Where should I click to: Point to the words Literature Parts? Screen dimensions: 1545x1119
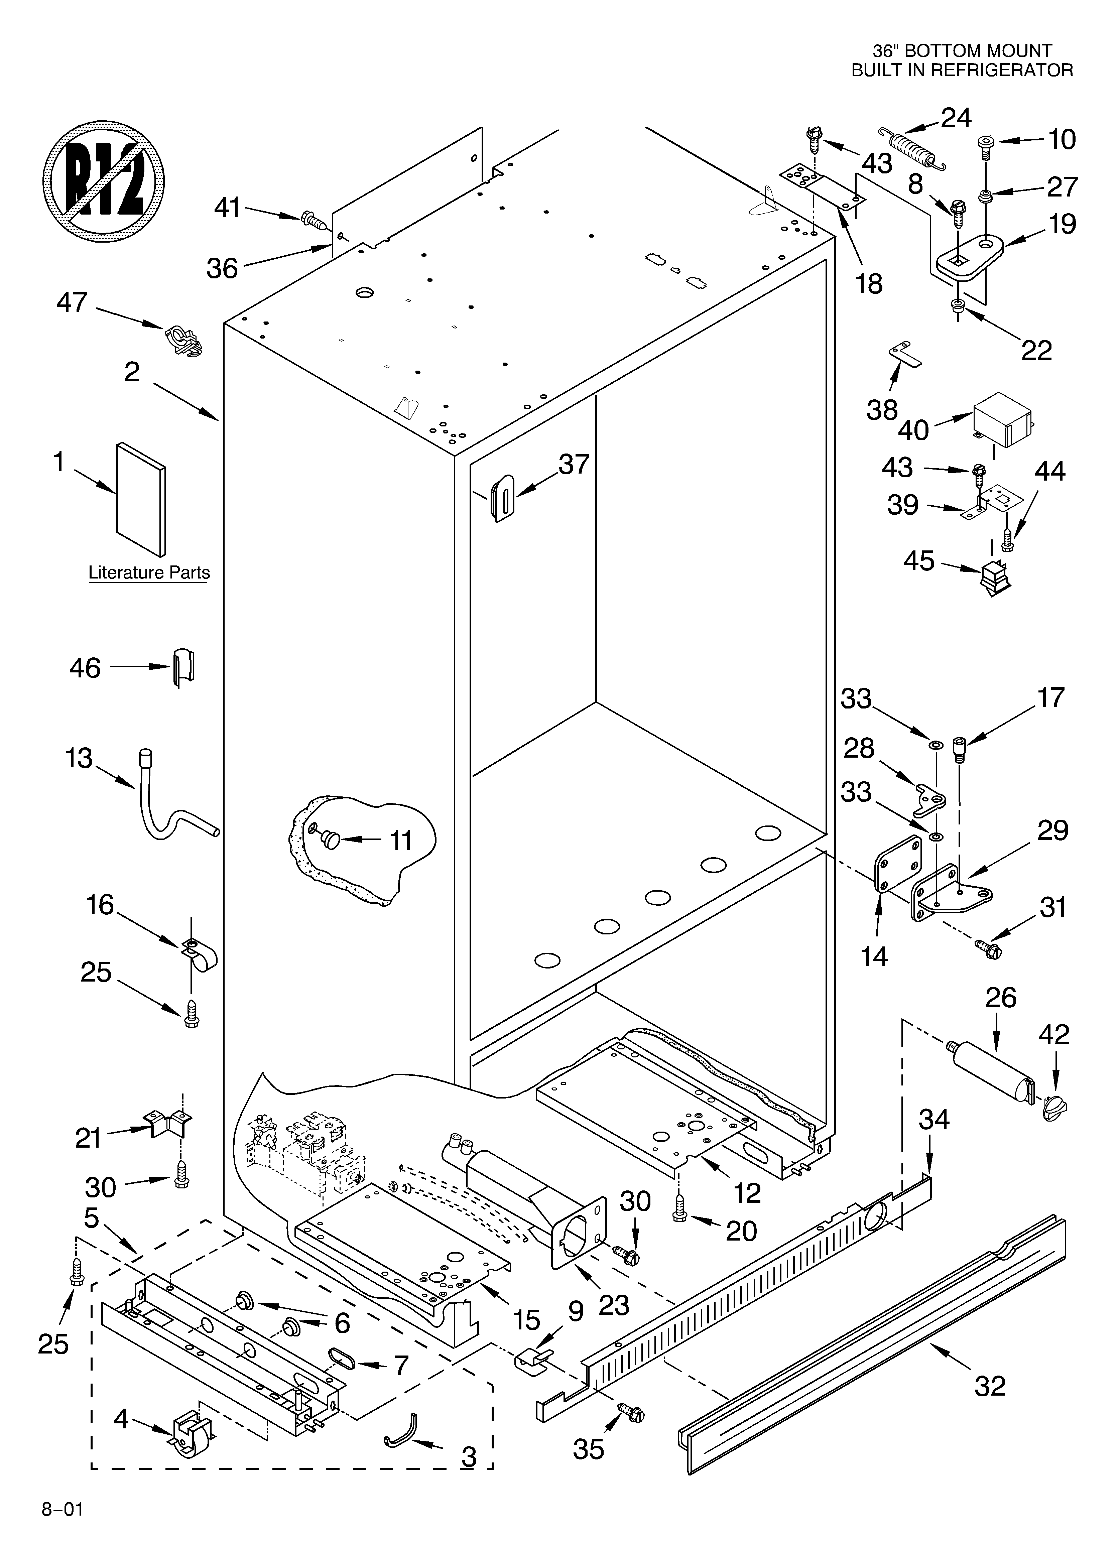coord(149,573)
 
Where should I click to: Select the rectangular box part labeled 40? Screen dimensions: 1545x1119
coord(1001,419)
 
